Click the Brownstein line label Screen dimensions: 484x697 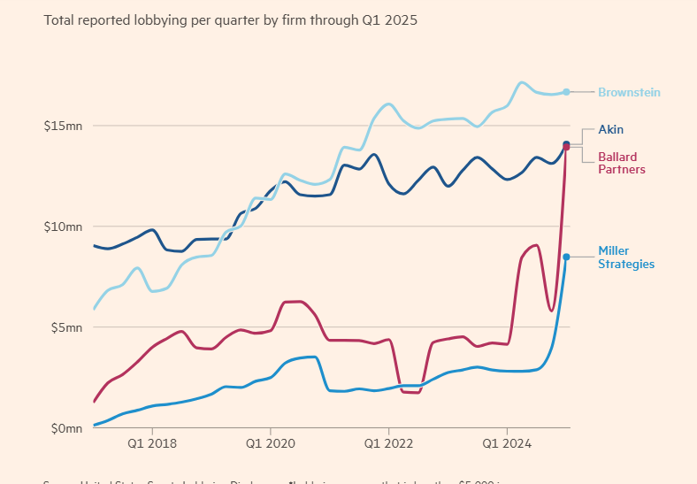pyautogui.click(x=629, y=92)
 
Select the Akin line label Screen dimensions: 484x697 pyautogui.click(x=610, y=130)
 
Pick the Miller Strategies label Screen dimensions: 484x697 pyautogui.click(x=626, y=257)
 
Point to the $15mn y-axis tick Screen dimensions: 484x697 pyautogui.click(x=63, y=126)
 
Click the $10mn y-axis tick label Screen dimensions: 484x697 pyautogui.click(x=63, y=227)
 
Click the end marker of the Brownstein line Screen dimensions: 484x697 pyautogui.click(x=566, y=92)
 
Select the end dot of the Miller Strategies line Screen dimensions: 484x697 pyautogui.click(x=566, y=257)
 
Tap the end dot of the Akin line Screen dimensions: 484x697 pyautogui.click(x=566, y=144)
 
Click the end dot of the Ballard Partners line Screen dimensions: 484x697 pyautogui.click(x=566, y=147)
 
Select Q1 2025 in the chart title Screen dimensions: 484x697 pyautogui.click(x=394, y=19)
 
